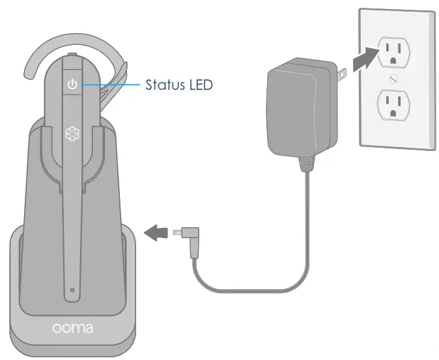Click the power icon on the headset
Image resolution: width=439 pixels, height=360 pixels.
tap(72, 85)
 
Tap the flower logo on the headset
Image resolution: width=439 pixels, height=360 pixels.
tap(72, 133)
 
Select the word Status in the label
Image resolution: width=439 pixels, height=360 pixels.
tap(163, 85)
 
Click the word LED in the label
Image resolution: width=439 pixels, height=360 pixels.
tap(199, 85)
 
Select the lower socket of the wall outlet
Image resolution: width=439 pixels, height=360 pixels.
tap(393, 104)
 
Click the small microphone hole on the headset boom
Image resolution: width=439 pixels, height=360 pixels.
tap(72, 289)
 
